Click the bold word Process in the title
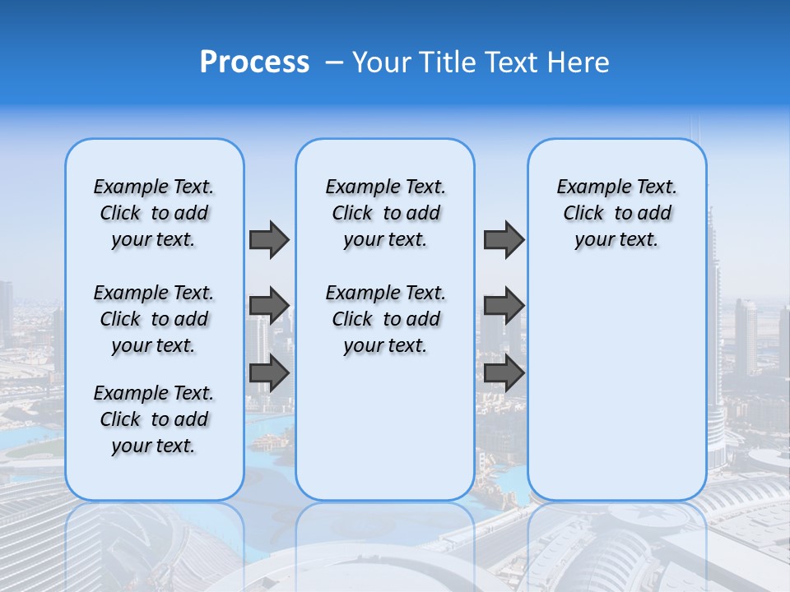tap(254, 62)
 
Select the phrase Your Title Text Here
tap(481, 62)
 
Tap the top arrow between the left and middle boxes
tap(269, 239)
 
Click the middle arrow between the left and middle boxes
tap(269, 306)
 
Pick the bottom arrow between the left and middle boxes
tap(269, 373)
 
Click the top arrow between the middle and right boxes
tap(504, 239)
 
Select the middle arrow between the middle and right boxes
tap(504, 306)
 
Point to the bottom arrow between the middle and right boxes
tap(504, 373)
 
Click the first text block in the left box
tap(154, 213)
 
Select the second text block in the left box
tap(154, 319)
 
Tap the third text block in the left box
tap(154, 419)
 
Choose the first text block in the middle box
tap(385, 213)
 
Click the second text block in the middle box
tap(385, 319)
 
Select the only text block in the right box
tap(616, 213)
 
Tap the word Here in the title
tap(579, 62)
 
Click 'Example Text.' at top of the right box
tap(616, 187)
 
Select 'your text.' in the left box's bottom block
tap(154, 446)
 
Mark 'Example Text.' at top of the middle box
tap(385, 187)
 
